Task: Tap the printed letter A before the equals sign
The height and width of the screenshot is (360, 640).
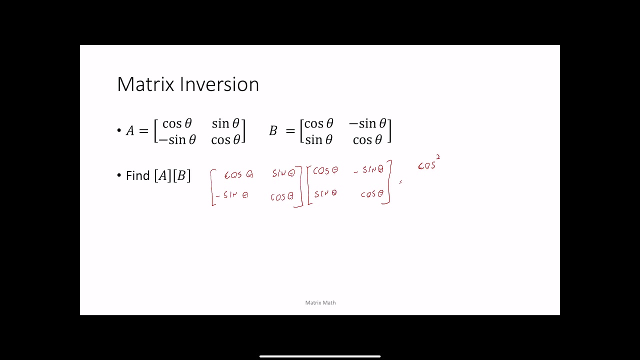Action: tap(130, 131)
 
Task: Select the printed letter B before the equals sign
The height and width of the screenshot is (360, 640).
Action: tap(273, 131)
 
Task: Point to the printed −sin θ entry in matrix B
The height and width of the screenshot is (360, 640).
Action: tap(367, 123)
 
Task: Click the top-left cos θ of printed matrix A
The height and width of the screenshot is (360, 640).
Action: tap(177, 123)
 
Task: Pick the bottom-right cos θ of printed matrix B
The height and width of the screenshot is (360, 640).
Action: tap(367, 140)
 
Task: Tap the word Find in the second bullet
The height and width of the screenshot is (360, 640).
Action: tap(138, 176)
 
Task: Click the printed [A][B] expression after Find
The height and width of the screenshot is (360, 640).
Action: tap(172, 176)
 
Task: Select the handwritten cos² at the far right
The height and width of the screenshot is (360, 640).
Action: tap(428, 164)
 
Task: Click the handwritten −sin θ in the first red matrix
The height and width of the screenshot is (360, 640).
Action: tap(231, 194)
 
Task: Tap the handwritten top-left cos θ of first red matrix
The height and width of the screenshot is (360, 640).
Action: tap(238, 174)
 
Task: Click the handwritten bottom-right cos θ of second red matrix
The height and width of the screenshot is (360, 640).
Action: tap(372, 193)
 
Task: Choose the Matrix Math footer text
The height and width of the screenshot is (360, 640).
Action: tap(320, 302)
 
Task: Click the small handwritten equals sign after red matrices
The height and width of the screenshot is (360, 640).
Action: tap(400, 182)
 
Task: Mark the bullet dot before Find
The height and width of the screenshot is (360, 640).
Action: tap(119, 175)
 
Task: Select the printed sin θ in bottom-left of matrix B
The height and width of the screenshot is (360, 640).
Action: tap(318, 140)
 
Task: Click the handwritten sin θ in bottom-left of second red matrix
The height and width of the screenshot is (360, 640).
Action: tap(325, 193)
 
